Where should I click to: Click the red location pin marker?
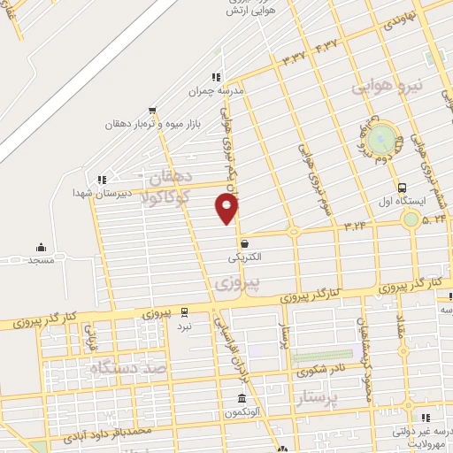[227, 208]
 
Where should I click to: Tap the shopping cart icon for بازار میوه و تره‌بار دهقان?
[152, 111]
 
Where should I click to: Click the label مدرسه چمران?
[214, 90]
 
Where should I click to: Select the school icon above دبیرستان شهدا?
[102, 179]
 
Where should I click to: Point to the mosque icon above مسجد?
[41, 247]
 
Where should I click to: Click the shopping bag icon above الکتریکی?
[244, 243]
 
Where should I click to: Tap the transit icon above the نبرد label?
[184, 311]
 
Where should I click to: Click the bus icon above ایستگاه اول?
[403, 188]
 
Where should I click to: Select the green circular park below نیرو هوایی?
[382, 137]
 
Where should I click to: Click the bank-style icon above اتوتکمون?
[241, 397]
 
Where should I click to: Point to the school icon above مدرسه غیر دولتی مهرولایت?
[426, 417]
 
